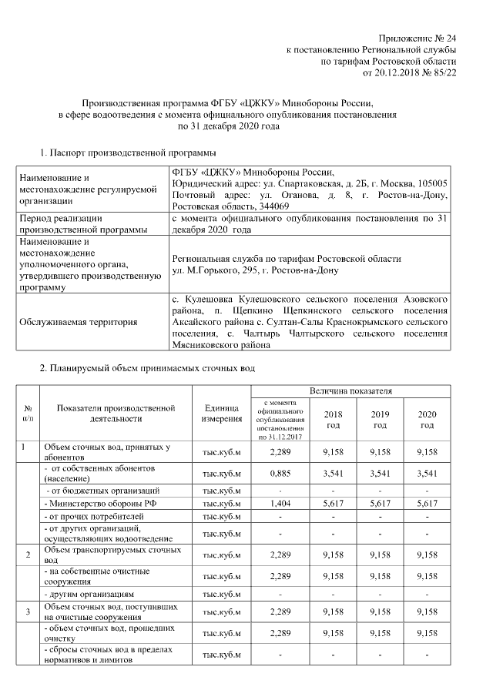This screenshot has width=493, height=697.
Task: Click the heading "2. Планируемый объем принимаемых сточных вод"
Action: [146, 370]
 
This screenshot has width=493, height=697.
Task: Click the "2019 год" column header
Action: [380, 419]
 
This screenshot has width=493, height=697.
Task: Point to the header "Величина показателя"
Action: [356, 392]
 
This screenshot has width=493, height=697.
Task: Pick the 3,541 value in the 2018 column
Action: [333, 473]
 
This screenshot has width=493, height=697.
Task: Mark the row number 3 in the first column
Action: [28, 612]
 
